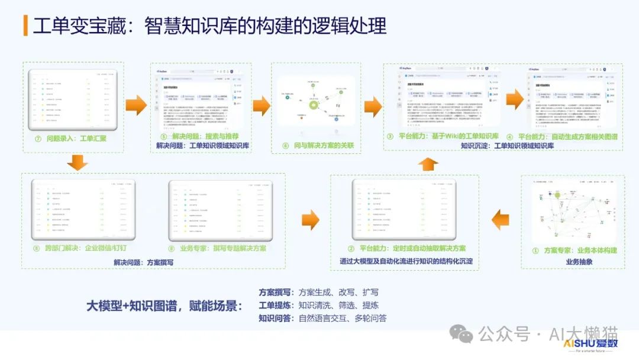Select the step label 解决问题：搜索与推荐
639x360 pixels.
tap(201, 136)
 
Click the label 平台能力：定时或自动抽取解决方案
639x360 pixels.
tap(406, 249)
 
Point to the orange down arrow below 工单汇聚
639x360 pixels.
tap(78, 161)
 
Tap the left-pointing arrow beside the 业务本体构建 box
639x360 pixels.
tap(501, 218)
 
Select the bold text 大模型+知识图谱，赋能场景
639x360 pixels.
tap(164, 306)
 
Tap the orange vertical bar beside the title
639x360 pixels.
tap(25, 25)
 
